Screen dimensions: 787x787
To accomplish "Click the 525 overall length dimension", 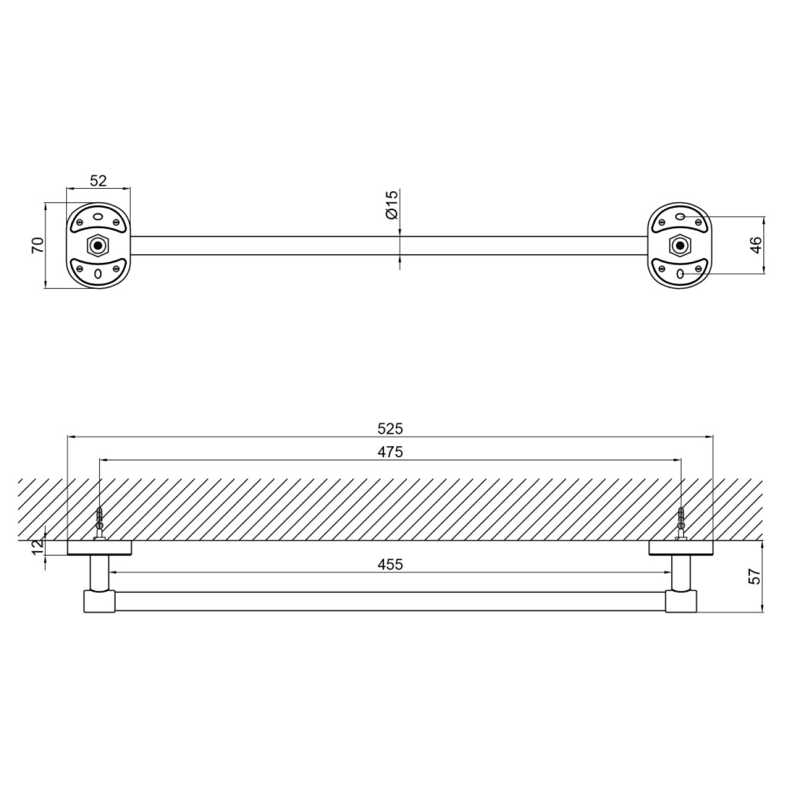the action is (390, 429).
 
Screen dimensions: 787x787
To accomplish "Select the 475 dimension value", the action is (390, 452).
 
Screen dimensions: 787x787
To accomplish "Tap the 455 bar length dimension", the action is (390, 564).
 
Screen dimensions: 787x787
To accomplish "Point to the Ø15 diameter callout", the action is (391, 205).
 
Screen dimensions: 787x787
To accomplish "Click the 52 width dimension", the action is (98, 180).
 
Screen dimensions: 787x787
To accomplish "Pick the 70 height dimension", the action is (38, 245).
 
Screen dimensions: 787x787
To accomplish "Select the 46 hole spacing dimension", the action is (756, 245).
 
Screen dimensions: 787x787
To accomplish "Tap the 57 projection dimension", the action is (756, 576).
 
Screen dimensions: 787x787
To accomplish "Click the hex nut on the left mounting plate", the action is (97, 245).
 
